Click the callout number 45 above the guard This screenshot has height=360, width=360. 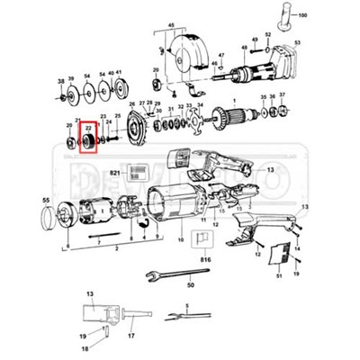[x=171, y=27]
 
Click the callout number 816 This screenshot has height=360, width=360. [x=204, y=258]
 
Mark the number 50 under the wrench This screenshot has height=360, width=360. [x=190, y=285]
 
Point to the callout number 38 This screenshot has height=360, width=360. [x=60, y=82]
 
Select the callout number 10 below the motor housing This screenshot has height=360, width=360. [x=180, y=241]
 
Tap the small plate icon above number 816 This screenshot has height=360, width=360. [x=203, y=238]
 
